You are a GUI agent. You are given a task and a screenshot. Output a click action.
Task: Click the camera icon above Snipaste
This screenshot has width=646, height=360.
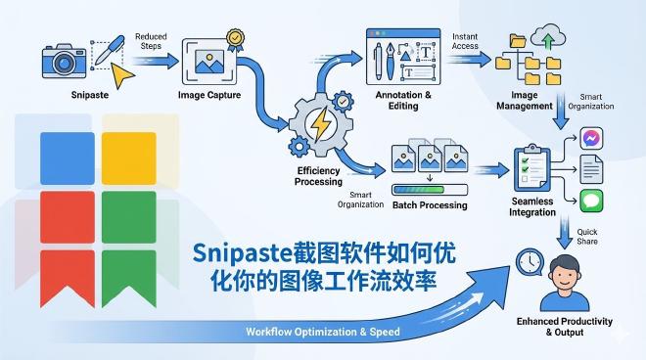(65, 60)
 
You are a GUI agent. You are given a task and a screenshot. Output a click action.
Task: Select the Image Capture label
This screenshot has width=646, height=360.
(211, 96)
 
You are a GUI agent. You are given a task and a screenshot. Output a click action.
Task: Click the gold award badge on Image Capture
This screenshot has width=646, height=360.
(235, 40)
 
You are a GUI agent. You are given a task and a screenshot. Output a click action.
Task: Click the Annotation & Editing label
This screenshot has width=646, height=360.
(402, 101)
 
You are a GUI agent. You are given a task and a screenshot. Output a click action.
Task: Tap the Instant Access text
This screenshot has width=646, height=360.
(465, 41)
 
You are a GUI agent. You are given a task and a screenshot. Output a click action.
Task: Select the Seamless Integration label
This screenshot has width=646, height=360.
(531, 207)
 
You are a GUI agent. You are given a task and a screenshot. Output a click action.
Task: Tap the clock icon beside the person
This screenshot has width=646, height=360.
(530, 262)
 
